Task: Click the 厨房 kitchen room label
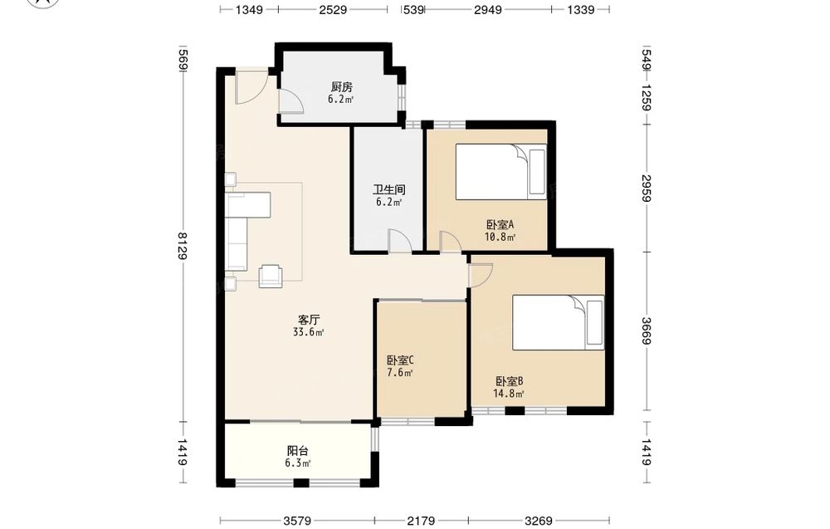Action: point(341,86)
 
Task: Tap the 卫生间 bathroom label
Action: point(389,189)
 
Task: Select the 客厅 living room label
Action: point(309,320)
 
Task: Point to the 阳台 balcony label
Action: point(297,451)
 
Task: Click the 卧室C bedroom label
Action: point(400,360)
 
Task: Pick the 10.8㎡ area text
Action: point(500,237)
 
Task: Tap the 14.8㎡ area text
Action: point(509,394)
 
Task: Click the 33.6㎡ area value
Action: point(309,332)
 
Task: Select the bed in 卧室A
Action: point(500,172)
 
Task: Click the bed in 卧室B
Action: point(558,322)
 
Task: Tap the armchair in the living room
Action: point(271,276)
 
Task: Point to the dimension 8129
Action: point(182,246)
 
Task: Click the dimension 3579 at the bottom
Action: point(297,522)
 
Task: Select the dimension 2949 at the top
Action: point(487,9)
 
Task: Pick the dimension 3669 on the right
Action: point(646,331)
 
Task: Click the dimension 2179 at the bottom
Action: point(421,522)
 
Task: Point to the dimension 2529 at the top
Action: point(333,9)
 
